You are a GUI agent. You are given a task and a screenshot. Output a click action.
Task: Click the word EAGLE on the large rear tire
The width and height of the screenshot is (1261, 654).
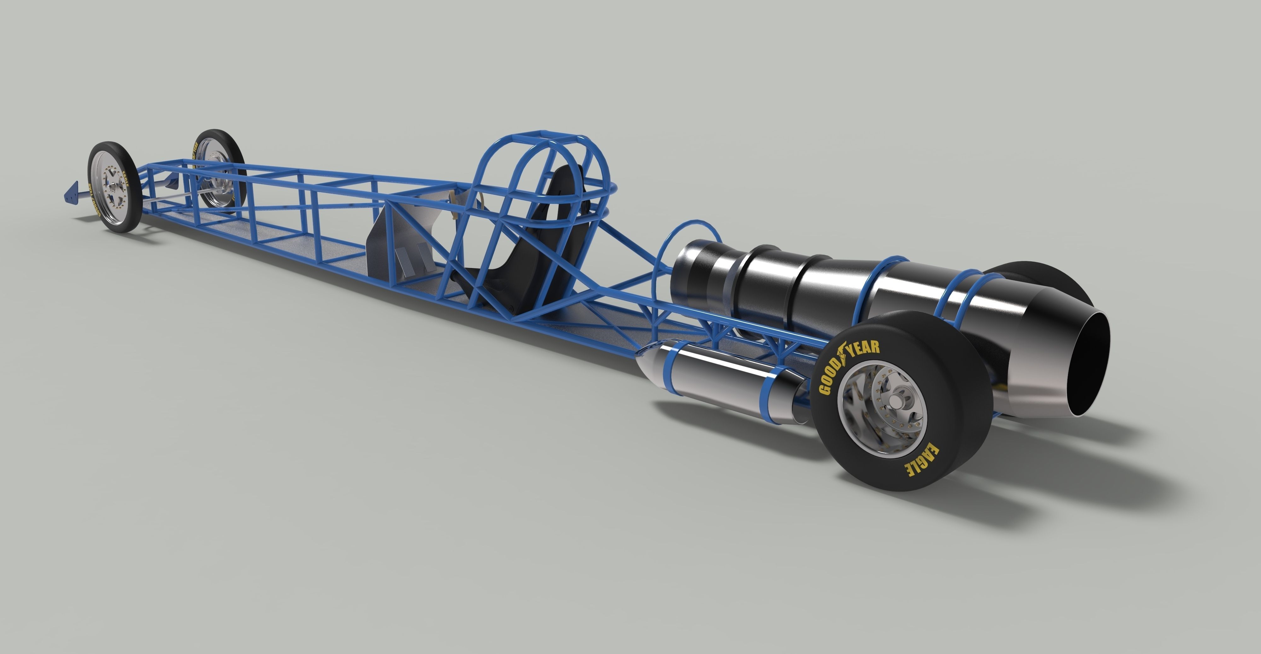(x=921, y=461)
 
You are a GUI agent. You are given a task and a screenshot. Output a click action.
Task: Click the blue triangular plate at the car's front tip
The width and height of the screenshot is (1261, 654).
(x=72, y=192)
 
